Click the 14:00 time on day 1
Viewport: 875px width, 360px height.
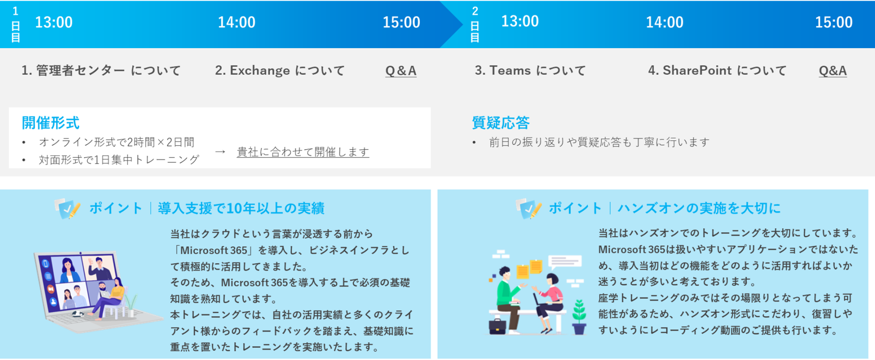point(237,22)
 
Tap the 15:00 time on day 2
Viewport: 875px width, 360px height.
point(833,22)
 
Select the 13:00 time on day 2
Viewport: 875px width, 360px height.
point(520,21)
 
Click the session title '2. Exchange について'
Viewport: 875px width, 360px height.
point(280,70)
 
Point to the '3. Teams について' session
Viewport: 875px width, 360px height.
point(530,70)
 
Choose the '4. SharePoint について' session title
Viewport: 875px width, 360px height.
point(717,70)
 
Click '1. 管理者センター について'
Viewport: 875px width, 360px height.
point(101,70)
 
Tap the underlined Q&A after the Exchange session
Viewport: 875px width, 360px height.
point(401,71)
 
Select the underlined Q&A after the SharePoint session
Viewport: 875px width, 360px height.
point(833,71)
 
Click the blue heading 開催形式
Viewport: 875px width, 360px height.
point(51,123)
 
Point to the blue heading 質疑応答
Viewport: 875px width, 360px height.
point(500,123)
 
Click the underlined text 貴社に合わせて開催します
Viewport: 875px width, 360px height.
point(303,152)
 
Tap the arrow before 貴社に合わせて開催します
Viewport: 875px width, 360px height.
point(220,152)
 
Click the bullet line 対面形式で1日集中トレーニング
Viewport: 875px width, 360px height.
point(119,160)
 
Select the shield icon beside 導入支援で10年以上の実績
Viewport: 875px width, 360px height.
point(67,209)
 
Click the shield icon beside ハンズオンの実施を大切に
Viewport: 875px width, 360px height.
point(528,209)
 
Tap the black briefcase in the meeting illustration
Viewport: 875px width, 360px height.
point(497,326)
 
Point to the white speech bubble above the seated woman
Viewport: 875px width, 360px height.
point(565,262)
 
